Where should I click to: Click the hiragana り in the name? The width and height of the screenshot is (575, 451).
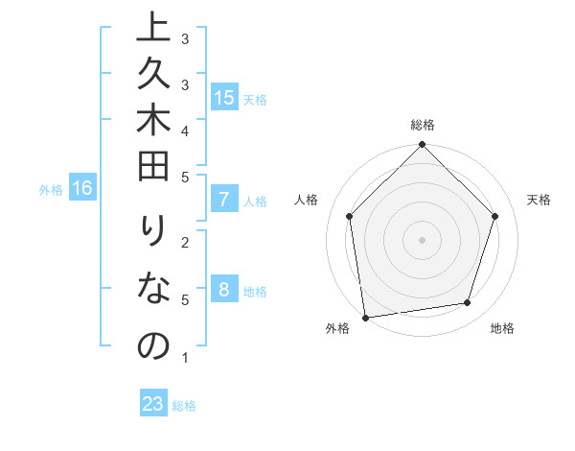(153, 236)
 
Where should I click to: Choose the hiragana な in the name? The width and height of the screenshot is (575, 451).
(153, 290)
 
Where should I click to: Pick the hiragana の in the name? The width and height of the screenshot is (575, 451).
(153, 344)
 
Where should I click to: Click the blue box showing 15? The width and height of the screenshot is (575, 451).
(224, 98)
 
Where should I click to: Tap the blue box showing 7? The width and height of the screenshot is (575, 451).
(224, 201)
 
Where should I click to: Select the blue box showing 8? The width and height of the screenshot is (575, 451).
(224, 291)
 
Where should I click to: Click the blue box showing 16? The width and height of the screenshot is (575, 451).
(82, 188)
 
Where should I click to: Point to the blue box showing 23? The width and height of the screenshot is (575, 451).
(153, 404)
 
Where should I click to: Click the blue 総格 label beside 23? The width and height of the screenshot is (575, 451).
(184, 406)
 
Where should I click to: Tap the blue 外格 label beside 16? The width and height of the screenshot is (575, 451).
(51, 190)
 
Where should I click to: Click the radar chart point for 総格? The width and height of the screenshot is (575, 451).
(422, 145)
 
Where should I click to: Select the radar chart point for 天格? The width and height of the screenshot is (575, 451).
(495, 216)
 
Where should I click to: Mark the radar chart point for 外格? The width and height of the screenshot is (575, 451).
(365, 316)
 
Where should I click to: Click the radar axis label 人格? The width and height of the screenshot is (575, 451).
(306, 200)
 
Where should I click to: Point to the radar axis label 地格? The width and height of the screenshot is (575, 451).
(502, 329)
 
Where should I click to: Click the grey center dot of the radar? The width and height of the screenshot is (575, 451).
(422, 239)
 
